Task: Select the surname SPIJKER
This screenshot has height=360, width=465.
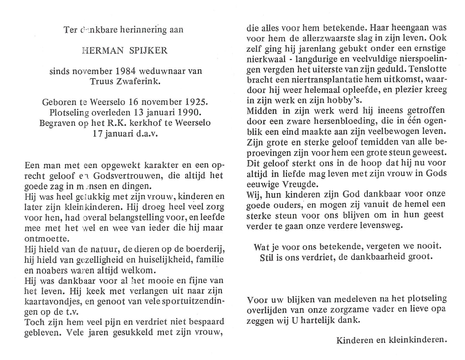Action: coord(148,50)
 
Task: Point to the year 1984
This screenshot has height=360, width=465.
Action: coord(126,71)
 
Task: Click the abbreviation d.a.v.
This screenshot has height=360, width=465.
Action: coord(147,133)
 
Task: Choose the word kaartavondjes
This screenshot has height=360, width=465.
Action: coord(53,301)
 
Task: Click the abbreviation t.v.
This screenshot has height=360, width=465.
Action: coord(72,312)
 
